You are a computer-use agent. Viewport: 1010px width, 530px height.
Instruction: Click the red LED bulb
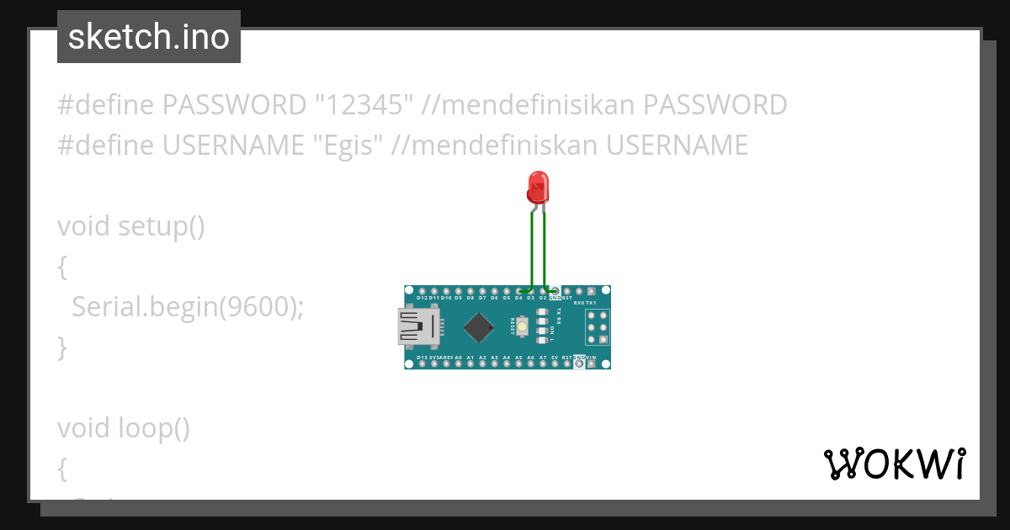[x=536, y=186]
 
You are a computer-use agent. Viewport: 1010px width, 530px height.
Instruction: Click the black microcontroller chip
[x=478, y=327]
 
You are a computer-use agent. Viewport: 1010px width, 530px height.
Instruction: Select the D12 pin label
[x=422, y=298]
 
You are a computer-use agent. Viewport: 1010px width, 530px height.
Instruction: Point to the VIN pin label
[x=591, y=358]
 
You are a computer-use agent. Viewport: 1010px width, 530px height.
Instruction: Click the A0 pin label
[x=458, y=358]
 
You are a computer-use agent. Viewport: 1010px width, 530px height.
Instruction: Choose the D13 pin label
[x=422, y=358]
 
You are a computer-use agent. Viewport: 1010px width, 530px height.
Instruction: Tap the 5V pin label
[x=555, y=358]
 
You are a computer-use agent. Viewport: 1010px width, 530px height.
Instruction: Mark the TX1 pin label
[x=591, y=301]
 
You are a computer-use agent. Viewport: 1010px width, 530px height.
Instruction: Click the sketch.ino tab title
[x=149, y=37]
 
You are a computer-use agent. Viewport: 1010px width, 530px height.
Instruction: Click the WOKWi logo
[x=894, y=464]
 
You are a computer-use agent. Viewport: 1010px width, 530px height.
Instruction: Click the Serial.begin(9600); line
[x=187, y=307]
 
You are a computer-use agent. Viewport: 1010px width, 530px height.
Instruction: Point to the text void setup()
[x=130, y=226]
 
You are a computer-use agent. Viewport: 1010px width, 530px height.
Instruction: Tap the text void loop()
[x=124, y=428]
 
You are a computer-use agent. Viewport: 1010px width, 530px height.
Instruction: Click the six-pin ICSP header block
[x=598, y=326]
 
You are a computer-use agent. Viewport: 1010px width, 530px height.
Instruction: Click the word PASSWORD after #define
[x=233, y=105]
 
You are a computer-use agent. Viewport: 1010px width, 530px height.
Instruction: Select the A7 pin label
[x=543, y=358]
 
